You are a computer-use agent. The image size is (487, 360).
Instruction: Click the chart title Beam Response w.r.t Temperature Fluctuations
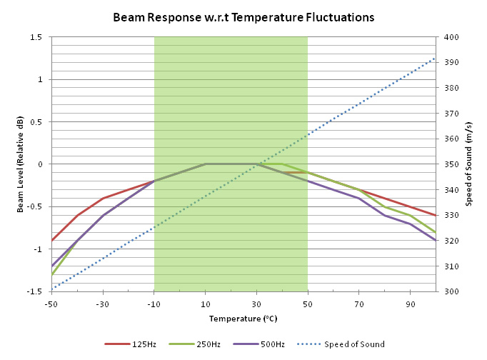(243, 17)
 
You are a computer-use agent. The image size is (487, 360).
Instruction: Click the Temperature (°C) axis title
(243, 319)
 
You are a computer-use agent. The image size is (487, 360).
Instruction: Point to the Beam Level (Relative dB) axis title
(21, 164)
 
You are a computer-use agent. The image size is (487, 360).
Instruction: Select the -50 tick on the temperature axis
(52, 304)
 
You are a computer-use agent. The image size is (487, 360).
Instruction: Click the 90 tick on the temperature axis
(410, 304)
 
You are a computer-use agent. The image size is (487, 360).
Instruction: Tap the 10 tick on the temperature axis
(206, 304)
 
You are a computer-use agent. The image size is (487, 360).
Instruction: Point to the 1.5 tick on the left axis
(36, 37)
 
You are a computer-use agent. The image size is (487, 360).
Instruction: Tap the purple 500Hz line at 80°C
(384, 215)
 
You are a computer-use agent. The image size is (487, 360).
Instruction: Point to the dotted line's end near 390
(435, 58)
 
